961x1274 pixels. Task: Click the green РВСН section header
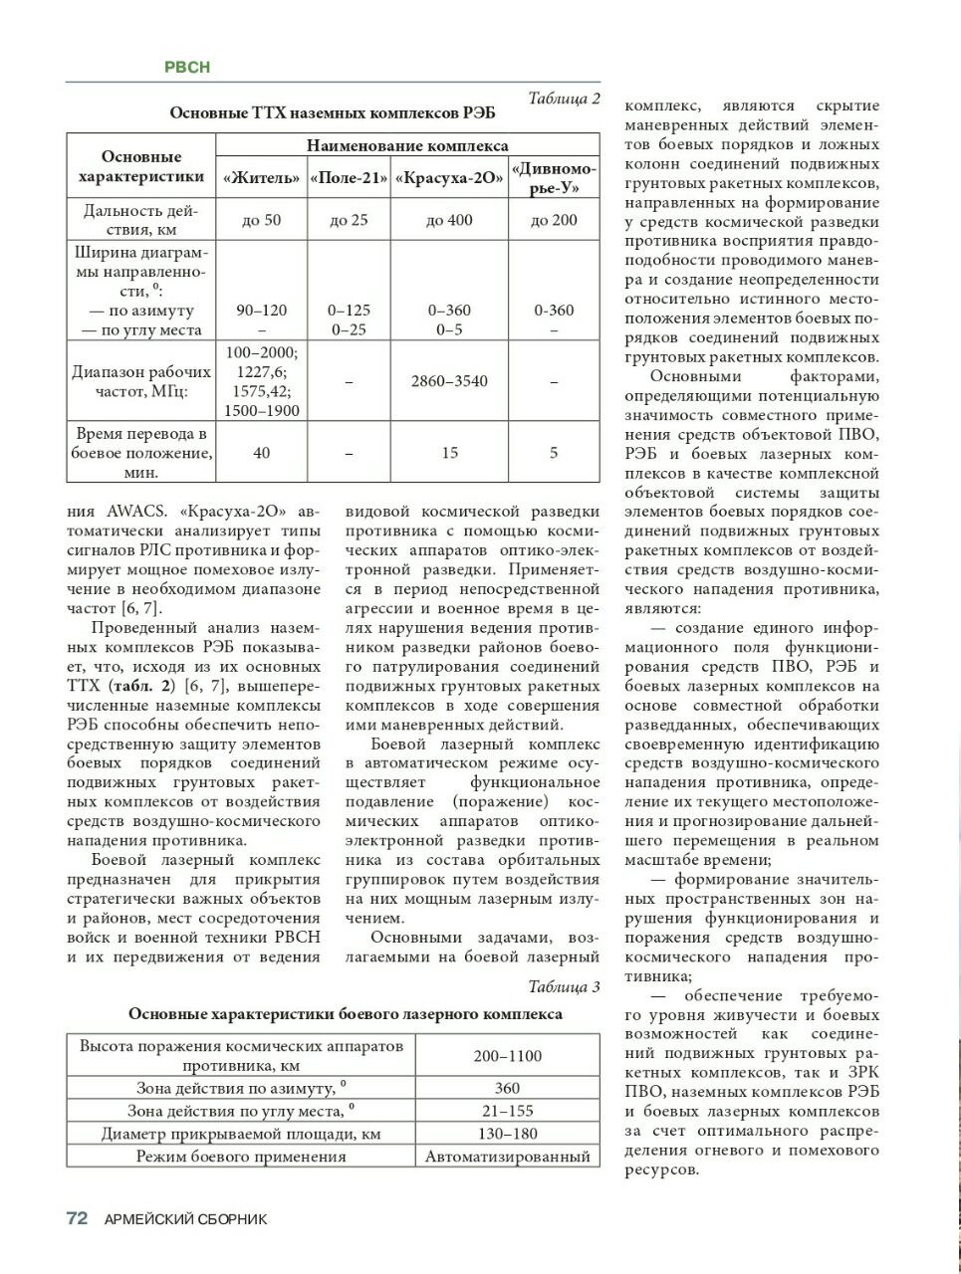coord(187,67)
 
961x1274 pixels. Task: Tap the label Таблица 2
coord(564,98)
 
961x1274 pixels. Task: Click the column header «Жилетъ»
coord(262,178)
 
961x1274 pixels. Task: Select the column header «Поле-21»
coord(349,178)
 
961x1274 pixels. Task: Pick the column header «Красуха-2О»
coord(449,178)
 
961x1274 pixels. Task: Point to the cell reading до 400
coord(449,220)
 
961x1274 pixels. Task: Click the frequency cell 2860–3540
coord(449,381)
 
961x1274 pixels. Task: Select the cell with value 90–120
coord(262,311)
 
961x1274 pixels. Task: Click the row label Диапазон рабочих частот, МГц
coord(141,381)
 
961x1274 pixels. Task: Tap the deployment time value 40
coord(262,453)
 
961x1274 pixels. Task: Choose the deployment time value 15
coord(449,453)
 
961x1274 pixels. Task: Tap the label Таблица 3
coord(564,986)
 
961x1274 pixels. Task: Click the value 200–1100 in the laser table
coord(507,1055)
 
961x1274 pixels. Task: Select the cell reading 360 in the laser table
coord(507,1088)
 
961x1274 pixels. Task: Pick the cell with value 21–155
coord(507,1111)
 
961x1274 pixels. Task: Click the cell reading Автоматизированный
coord(507,1157)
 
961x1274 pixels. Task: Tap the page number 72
coord(78,1218)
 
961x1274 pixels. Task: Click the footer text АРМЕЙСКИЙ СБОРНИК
coord(186,1219)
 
